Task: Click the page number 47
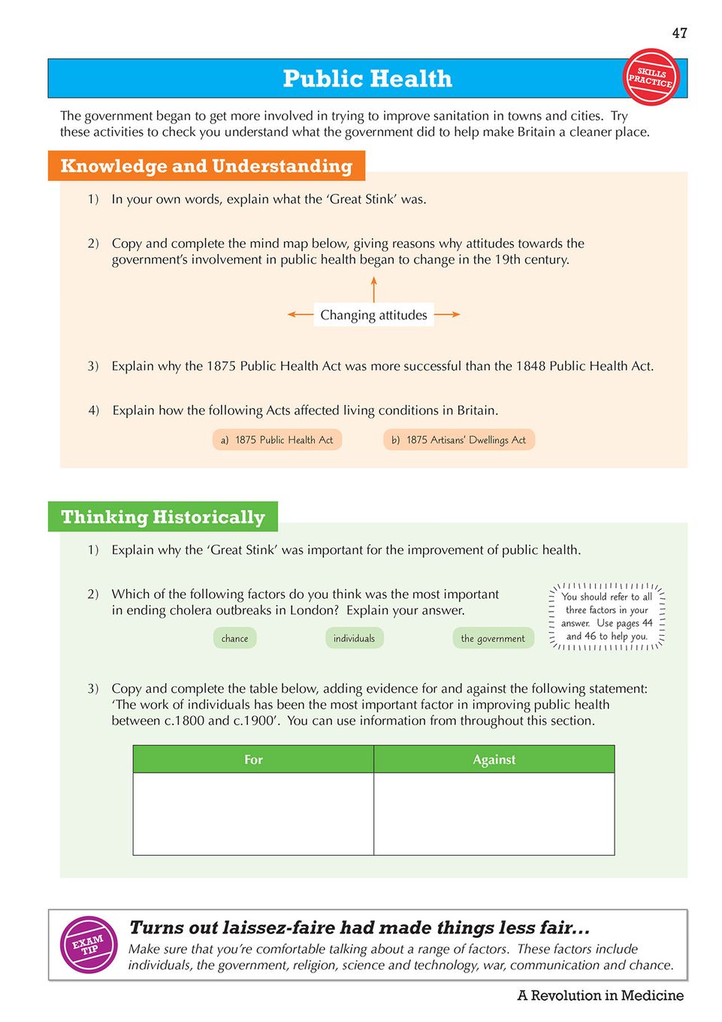(679, 33)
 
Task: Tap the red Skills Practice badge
(651, 77)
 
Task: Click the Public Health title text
(367, 79)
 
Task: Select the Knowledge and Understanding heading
(206, 166)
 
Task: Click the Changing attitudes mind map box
(373, 315)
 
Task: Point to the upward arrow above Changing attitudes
(373, 289)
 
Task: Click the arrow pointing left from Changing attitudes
(300, 315)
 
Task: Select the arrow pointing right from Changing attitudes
(447, 315)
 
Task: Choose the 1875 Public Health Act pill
(277, 440)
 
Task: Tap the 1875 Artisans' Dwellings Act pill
(458, 440)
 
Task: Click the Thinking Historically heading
(163, 517)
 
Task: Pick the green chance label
(234, 638)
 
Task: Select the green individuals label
(354, 638)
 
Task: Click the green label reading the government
(493, 638)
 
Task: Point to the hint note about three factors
(607, 616)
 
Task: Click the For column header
(253, 760)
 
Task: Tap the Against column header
(494, 760)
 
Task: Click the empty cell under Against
(494, 813)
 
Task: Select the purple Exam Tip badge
(89, 945)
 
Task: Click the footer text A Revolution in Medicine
(600, 996)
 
